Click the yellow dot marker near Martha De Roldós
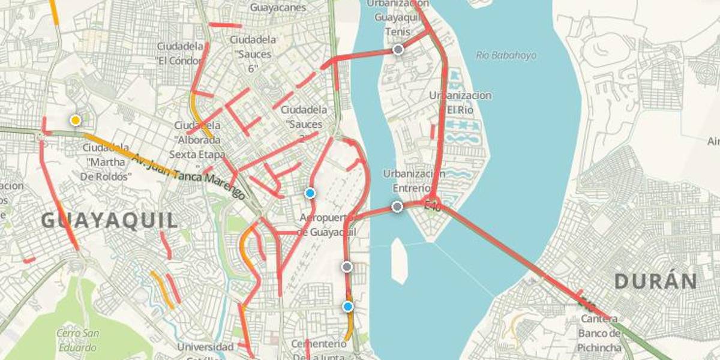pos(75,120)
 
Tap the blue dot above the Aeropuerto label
pos(310,193)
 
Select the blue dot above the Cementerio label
pos(348,307)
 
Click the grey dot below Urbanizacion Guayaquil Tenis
pos(398,50)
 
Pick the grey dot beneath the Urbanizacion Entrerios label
pos(397,207)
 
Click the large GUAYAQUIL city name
pos(110,220)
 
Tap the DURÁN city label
pos(656,281)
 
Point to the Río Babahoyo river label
pos(506,55)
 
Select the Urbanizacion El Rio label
pos(460,103)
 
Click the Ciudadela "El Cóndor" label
pos(179,53)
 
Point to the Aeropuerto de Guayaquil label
pos(327,224)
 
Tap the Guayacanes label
pos(278,8)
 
